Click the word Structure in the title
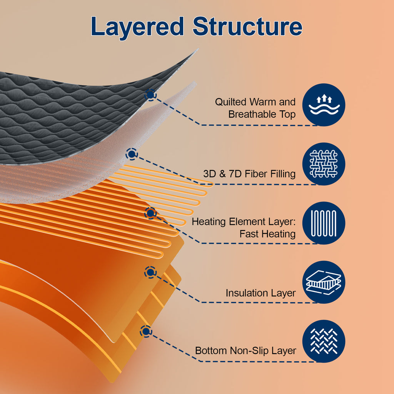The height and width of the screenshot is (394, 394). coord(247,26)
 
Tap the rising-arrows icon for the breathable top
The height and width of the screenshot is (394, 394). coord(324,105)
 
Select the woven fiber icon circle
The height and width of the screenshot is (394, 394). coord(324,164)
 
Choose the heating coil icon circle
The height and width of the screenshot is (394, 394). coord(324,223)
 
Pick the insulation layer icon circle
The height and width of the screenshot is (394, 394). coord(324,282)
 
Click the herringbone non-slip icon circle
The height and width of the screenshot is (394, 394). coord(324,341)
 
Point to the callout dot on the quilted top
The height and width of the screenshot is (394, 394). coord(150,95)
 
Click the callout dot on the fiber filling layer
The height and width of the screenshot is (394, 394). coord(132,154)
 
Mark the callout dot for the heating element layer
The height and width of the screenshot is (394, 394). coord(150,213)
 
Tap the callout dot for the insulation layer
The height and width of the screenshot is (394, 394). coord(150,272)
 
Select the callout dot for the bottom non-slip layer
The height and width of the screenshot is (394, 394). coord(146,331)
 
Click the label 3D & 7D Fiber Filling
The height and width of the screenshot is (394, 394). coord(249,174)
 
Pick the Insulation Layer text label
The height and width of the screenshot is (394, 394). coord(260,293)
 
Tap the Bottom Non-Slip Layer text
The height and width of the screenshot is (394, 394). coord(245,351)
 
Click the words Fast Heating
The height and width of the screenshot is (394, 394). coord(267,234)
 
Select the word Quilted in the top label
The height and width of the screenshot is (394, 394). coord(230,102)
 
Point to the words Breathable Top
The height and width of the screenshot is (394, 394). coord(262,114)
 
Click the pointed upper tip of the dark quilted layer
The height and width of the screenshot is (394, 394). coord(197,49)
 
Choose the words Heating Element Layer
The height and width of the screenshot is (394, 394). coord(244,222)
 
